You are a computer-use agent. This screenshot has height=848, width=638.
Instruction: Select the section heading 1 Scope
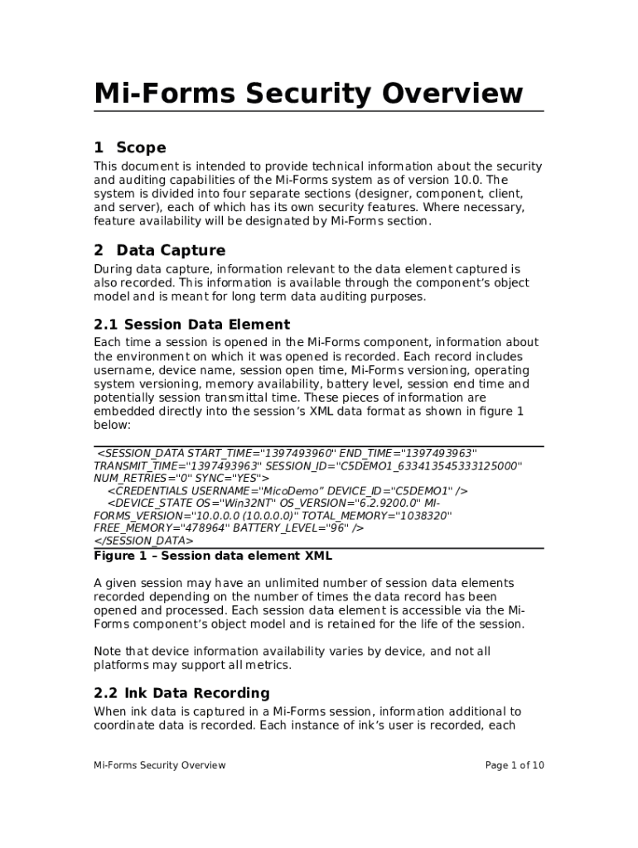tap(130, 147)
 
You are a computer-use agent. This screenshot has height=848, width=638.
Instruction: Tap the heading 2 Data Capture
tap(160, 250)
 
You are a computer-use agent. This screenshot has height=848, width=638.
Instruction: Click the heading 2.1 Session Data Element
tap(191, 324)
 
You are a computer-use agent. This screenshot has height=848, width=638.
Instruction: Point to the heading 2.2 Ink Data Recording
tap(181, 692)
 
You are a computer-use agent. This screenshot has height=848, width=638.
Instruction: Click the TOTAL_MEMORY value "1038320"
tap(422, 515)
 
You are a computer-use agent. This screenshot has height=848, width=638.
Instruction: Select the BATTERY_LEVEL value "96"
tap(334, 528)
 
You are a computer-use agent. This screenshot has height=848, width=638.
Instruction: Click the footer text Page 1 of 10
tap(514, 765)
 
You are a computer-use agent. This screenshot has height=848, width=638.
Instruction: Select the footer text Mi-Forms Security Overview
tap(159, 765)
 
